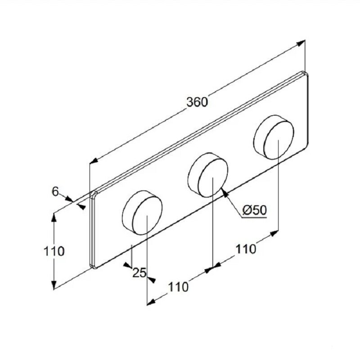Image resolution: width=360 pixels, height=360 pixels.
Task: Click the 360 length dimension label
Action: [197, 102]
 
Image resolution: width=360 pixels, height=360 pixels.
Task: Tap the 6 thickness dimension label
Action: [55, 191]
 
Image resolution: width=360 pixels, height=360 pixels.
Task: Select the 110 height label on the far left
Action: [54, 251]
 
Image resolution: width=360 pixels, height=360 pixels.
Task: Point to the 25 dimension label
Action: [139, 273]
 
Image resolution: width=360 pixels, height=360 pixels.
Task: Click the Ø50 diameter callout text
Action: [254, 210]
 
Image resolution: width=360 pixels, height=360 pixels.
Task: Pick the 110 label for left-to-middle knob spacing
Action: [178, 287]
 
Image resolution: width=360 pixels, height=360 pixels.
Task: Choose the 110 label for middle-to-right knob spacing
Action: [246, 249]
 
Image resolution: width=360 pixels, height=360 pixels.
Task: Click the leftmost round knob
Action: [142, 212]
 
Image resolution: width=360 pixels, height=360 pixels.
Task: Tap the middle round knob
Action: [208, 175]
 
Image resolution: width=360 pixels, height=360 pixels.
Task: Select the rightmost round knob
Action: [274, 137]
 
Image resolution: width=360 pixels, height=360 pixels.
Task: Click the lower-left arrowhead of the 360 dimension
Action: [94, 161]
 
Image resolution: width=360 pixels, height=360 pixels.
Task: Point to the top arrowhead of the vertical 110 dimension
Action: [54, 217]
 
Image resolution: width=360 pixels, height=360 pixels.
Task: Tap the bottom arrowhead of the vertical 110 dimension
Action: [54, 285]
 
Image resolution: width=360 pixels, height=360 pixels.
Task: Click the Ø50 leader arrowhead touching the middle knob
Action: [225, 193]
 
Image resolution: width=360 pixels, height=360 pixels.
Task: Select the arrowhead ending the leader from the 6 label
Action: [70, 198]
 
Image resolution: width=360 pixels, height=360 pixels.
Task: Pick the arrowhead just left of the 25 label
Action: [127, 265]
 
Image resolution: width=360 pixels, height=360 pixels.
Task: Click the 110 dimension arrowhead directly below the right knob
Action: [274, 234]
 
